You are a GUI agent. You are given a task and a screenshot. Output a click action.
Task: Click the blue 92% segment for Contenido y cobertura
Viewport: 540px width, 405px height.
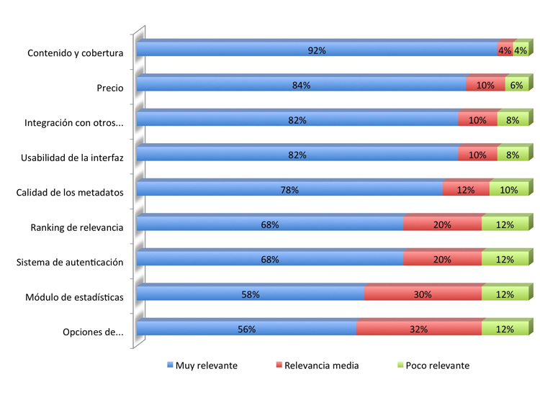point(317,48)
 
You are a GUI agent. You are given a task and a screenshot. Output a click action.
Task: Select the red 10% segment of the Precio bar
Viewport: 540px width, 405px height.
point(485,83)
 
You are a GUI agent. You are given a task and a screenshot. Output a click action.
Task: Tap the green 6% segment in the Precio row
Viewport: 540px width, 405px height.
point(517,83)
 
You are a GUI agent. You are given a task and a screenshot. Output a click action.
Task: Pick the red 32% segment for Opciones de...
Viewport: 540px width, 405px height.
point(419,328)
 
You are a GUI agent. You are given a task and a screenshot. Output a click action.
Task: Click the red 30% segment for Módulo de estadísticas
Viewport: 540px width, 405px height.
point(423,293)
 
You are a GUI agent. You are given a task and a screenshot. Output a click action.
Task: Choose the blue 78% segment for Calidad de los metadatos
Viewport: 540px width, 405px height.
point(289,188)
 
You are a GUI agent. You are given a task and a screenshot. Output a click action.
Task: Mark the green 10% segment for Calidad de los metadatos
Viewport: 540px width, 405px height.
point(509,188)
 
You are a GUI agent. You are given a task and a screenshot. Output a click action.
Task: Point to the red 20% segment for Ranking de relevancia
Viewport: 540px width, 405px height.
point(443,223)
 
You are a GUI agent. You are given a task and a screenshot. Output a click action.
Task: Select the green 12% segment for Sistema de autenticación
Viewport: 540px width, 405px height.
point(505,258)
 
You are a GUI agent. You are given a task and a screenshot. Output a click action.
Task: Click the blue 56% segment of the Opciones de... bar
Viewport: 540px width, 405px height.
point(246,328)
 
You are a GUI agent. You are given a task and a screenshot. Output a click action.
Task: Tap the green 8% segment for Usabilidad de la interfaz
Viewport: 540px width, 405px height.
point(513,153)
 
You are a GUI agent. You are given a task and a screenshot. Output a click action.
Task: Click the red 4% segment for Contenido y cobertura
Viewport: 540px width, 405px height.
point(505,48)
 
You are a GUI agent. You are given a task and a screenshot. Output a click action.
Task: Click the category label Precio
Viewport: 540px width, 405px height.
point(110,88)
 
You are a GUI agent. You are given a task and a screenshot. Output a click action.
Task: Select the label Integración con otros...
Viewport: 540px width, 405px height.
point(73,123)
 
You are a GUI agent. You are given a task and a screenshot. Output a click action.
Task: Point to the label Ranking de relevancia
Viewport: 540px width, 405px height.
point(77,227)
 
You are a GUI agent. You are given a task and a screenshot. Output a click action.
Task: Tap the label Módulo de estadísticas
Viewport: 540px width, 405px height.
point(74,297)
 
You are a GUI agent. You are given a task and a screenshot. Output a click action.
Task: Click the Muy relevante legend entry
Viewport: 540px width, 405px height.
point(202,365)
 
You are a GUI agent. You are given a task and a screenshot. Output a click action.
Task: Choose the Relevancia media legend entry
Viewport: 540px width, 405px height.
point(318,365)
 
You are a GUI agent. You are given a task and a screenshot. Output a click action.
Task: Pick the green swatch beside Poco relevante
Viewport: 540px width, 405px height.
point(400,365)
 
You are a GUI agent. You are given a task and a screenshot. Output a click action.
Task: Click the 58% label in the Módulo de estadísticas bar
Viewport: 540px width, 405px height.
point(251,294)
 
